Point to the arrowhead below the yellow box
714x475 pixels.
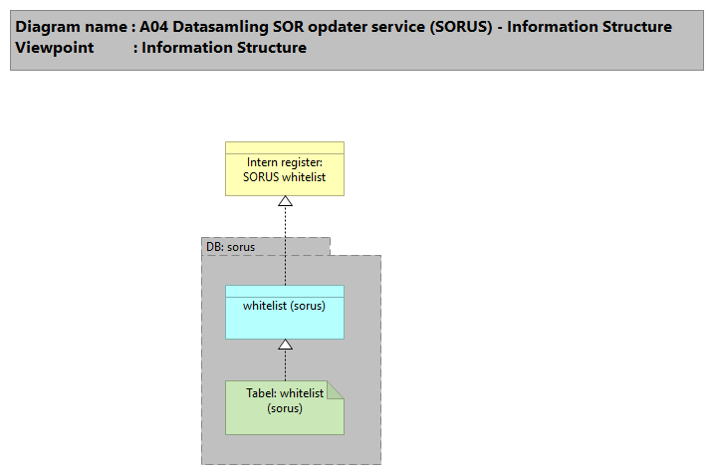tap(285, 202)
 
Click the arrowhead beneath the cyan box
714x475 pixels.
tap(285, 345)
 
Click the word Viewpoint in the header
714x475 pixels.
tap(54, 47)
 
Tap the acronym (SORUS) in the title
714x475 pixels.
tap(461, 27)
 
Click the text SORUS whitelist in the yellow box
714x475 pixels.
tap(284, 176)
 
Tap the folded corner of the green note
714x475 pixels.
tap(336, 388)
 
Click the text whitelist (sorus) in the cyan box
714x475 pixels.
tap(284, 305)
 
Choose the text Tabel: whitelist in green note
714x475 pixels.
tap(284, 393)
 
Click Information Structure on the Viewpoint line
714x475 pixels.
tap(224, 47)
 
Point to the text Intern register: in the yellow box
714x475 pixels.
tap(284, 162)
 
